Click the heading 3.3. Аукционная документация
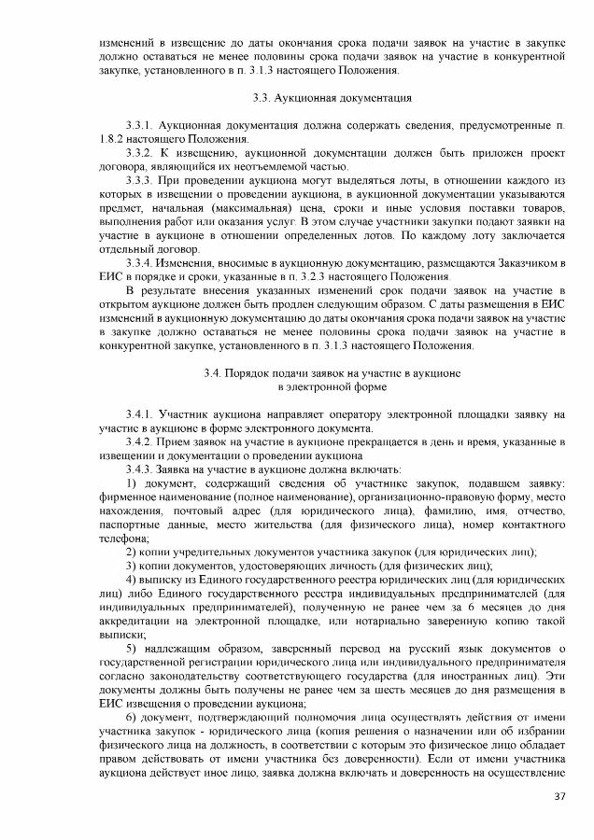pos(332,98)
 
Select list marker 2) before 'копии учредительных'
pos(132,553)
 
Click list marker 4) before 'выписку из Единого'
pos(132,580)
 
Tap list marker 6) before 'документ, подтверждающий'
pos(132,717)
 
